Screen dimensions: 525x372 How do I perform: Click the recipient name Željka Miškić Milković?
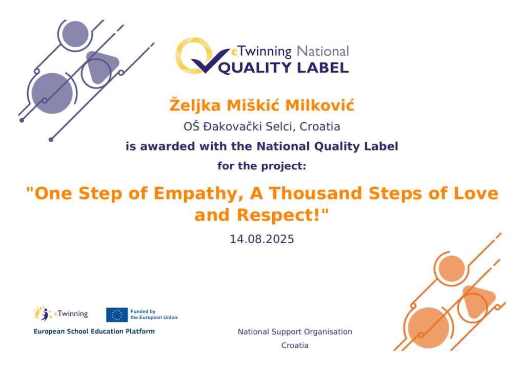coord(262,105)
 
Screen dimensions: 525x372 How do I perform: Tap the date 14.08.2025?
coord(262,239)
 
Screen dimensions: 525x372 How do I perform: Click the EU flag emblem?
coord(117,315)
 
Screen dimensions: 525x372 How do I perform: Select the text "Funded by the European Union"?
coord(154,315)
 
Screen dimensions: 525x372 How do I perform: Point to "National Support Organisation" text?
coord(295,332)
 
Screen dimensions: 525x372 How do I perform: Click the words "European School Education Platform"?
coord(94,331)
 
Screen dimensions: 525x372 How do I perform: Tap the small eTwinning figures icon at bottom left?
coord(43,314)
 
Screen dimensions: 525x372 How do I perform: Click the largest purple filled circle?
coord(52,93)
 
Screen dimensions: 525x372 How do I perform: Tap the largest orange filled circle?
coord(428,328)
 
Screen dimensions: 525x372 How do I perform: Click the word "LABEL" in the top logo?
coord(323,68)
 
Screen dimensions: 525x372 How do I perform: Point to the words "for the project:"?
coord(262,166)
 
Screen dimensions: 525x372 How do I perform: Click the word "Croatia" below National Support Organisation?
coord(295,345)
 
